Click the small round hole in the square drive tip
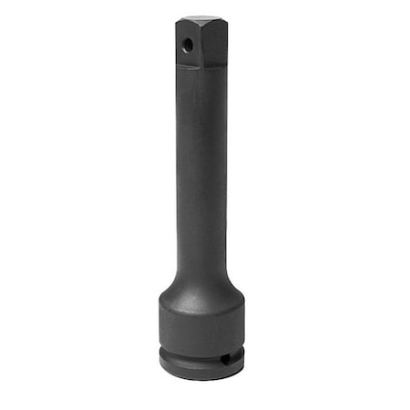(187, 44)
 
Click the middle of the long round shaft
(201, 173)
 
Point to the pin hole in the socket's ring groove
(225, 359)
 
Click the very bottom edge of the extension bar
(201, 379)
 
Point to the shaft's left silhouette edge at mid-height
(178, 173)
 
